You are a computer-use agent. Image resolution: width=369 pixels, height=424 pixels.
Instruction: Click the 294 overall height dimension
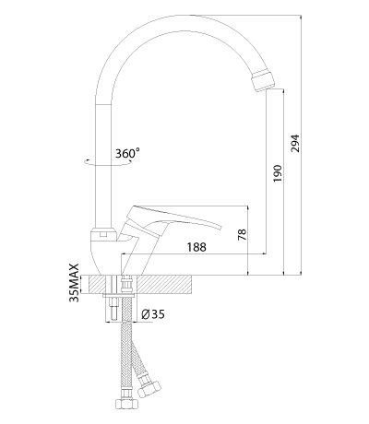(x=295, y=143)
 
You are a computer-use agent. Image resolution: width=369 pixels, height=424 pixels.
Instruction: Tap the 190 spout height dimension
(x=278, y=173)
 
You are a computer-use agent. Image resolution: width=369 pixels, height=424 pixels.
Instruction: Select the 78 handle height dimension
(x=243, y=234)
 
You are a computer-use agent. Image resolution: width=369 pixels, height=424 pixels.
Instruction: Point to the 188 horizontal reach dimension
(x=196, y=247)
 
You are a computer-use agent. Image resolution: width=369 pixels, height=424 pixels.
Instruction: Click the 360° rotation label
(x=127, y=153)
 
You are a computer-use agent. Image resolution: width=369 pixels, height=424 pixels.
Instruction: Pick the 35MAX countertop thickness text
(x=75, y=283)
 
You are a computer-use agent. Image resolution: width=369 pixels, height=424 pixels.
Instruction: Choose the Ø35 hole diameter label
(x=153, y=314)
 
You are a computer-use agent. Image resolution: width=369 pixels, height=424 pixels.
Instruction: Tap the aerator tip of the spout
(x=262, y=81)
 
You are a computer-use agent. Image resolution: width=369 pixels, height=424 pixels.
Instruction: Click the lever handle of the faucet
(x=173, y=219)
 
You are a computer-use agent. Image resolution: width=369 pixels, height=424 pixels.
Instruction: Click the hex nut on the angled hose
(x=149, y=388)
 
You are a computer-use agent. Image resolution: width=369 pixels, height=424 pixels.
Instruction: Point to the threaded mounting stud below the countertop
(x=113, y=308)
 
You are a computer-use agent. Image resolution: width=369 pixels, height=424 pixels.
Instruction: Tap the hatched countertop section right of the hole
(x=163, y=284)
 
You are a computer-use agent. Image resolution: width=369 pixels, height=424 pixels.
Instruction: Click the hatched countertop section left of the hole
(x=97, y=284)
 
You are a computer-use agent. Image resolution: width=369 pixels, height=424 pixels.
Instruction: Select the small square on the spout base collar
(x=103, y=235)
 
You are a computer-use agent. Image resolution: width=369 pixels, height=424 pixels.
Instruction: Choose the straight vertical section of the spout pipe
(x=102, y=166)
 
